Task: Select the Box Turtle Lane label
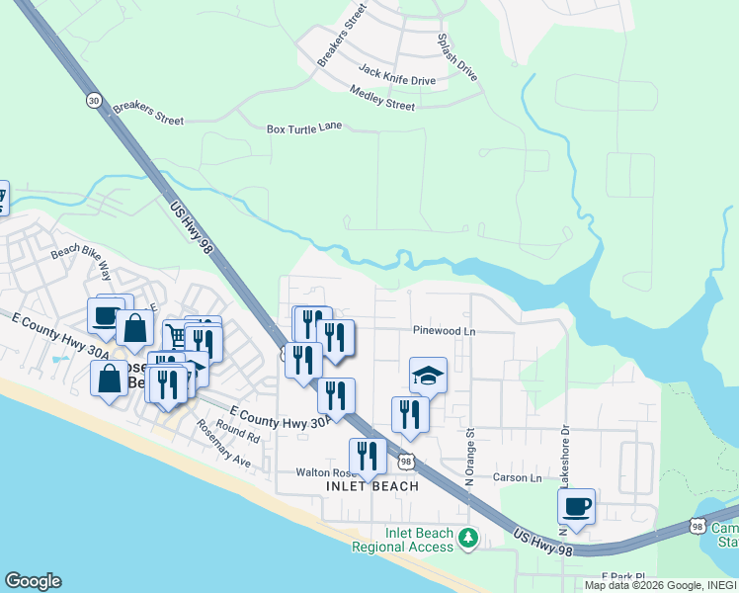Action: pos(304,127)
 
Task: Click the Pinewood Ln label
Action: pos(445,331)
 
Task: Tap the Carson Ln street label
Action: pos(518,478)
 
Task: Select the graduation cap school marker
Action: pos(428,376)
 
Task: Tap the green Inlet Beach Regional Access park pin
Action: pos(471,539)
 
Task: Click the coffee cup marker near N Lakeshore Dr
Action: pos(576,507)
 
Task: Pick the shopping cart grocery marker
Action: pos(176,336)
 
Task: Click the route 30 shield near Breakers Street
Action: pos(93,101)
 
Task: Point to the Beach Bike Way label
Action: pos(82,259)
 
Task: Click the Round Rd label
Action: pos(239,431)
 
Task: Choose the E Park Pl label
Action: pos(622,576)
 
